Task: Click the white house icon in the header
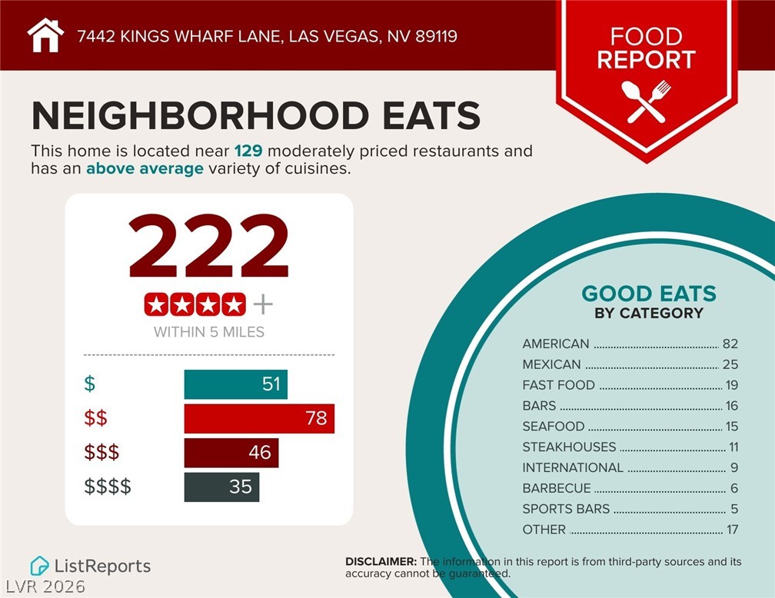pyautogui.click(x=45, y=35)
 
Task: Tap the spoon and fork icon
pyautogui.click(x=647, y=101)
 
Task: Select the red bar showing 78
pyautogui.click(x=259, y=418)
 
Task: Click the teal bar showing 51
pyautogui.click(x=235, y=384)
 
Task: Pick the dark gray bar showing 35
pyautogui.click(x=221, y=487)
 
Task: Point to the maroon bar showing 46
pyautogui.click(x=231, y=453)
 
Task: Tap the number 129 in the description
pyautogui.click(x=248, y=151)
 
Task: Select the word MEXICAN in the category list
pyautogui.click(x=551, y=364)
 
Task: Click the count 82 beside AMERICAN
pyautogui.click(x=730, y=344)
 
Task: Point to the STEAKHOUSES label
pyautogui.click(x=569, y=447)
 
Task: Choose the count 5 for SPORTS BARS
pyautogui.click(x=733, y=509)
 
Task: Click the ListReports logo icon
pyautogui.click(x=39, y=566)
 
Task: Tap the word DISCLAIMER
pyautogui.click(x=381, y=562)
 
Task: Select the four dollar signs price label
pyautogui.click(x=107, y=487)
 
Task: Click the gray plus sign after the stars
pyautogui.click(x=263, y=305)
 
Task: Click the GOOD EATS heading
pyautogui.click(x=648, y=294)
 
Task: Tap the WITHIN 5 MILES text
pyautogui.click(x=208, y=332)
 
